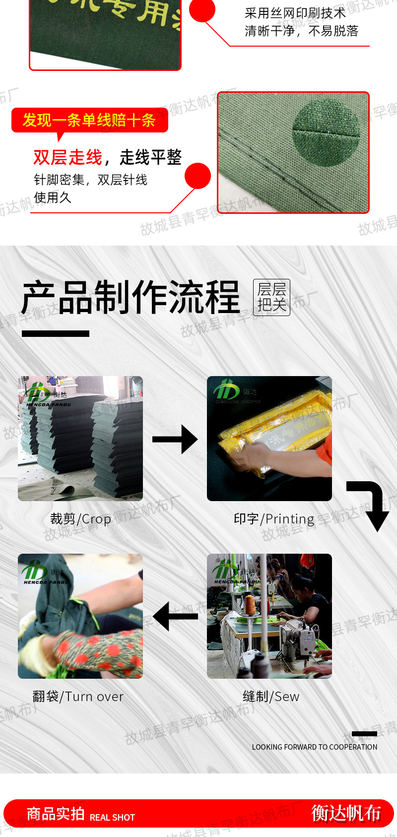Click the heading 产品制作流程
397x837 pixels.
coord(131,298)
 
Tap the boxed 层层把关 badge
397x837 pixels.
coord(271,297)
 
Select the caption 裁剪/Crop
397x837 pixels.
coord(80,519)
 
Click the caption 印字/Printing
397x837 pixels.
coord(274,519)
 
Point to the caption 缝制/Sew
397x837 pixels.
coord(271,697)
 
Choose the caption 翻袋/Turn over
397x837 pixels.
coord(78,697)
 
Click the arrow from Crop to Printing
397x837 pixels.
coord(175,439)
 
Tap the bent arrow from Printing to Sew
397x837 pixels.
coord(370,504)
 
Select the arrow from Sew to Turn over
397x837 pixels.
coord(176,616)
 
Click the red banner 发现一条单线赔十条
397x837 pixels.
coord(89,120)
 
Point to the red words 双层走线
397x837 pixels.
coord(67,157)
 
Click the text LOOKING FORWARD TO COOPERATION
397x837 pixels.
coord(315,747)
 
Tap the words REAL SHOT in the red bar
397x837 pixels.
coord(112,818)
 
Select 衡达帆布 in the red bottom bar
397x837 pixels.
coord(346,813)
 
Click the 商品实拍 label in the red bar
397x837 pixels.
coord(55,814)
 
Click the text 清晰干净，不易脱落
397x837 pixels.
coord(301,31)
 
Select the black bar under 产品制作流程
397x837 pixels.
coord(56,334)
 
